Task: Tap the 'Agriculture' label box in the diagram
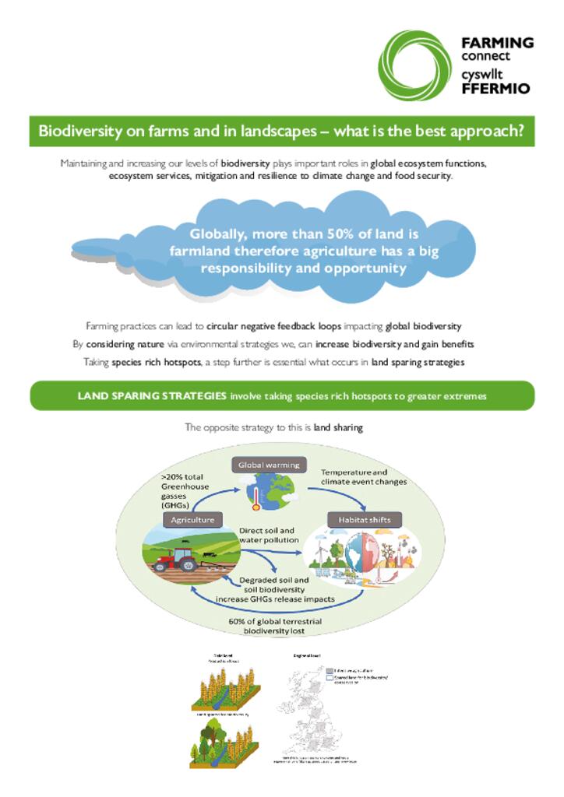tap(191, 519)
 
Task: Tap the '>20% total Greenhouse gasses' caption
tap(186, 492)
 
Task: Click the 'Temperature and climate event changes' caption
tap(364, 476)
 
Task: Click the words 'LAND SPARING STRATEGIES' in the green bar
tap(152, 396)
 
